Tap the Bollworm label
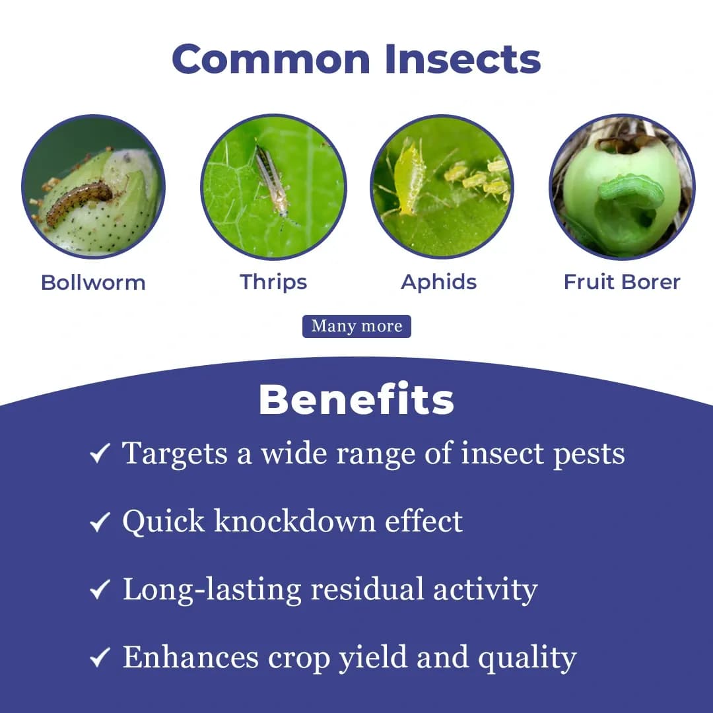(x=93, y=283)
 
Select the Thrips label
(x=273, y=282)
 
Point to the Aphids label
(x=439, y=282)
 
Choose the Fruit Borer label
(x=622, y=282)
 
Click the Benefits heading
(x=356, y=399)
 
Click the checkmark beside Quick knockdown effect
(x=100, y=522)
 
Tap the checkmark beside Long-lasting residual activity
(x=100, y=590)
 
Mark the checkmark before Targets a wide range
(x=100, y=454)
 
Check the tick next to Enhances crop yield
(x=100, y=658)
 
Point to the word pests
(x=589, y=454)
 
